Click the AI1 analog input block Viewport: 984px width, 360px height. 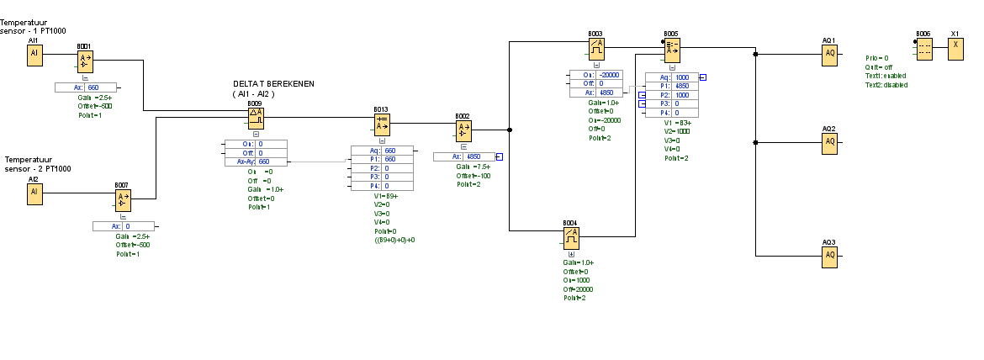[x=34, y=54]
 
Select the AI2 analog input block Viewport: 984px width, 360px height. [x=34, y=193]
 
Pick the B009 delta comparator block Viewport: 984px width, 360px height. [x=256, y=118]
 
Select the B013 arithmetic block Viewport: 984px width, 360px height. [x=382, y=124]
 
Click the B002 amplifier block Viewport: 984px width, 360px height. [x=463, y=130]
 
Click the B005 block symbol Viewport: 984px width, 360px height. [x=670, y=50]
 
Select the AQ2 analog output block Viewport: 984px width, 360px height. [x=829, y=141]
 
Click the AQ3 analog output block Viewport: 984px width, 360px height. [x=829, y=255]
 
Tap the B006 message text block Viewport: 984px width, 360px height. [x=923, y=49]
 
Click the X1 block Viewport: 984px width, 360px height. [x=955, y=49]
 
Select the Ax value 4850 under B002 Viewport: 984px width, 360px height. [x=473, y=156]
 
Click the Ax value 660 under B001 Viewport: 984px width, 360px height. [x=93, y=87]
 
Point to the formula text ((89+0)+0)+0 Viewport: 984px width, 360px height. [x=395, y=240]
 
